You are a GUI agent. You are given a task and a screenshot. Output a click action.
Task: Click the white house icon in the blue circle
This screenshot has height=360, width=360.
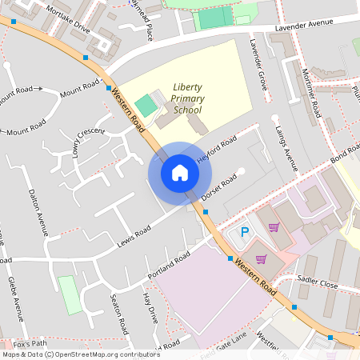click(180, 172)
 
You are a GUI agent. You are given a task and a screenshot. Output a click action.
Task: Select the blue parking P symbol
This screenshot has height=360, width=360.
click(246, 232)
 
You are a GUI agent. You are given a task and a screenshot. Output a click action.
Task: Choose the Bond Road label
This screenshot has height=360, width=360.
click(346, 152)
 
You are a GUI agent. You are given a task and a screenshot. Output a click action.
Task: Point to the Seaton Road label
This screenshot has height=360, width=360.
click(119, 314)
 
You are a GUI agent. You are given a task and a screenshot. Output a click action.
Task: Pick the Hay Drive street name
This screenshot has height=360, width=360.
click(149, 308)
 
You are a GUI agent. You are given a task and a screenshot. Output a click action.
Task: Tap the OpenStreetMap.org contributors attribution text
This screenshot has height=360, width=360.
click(108, 354)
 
